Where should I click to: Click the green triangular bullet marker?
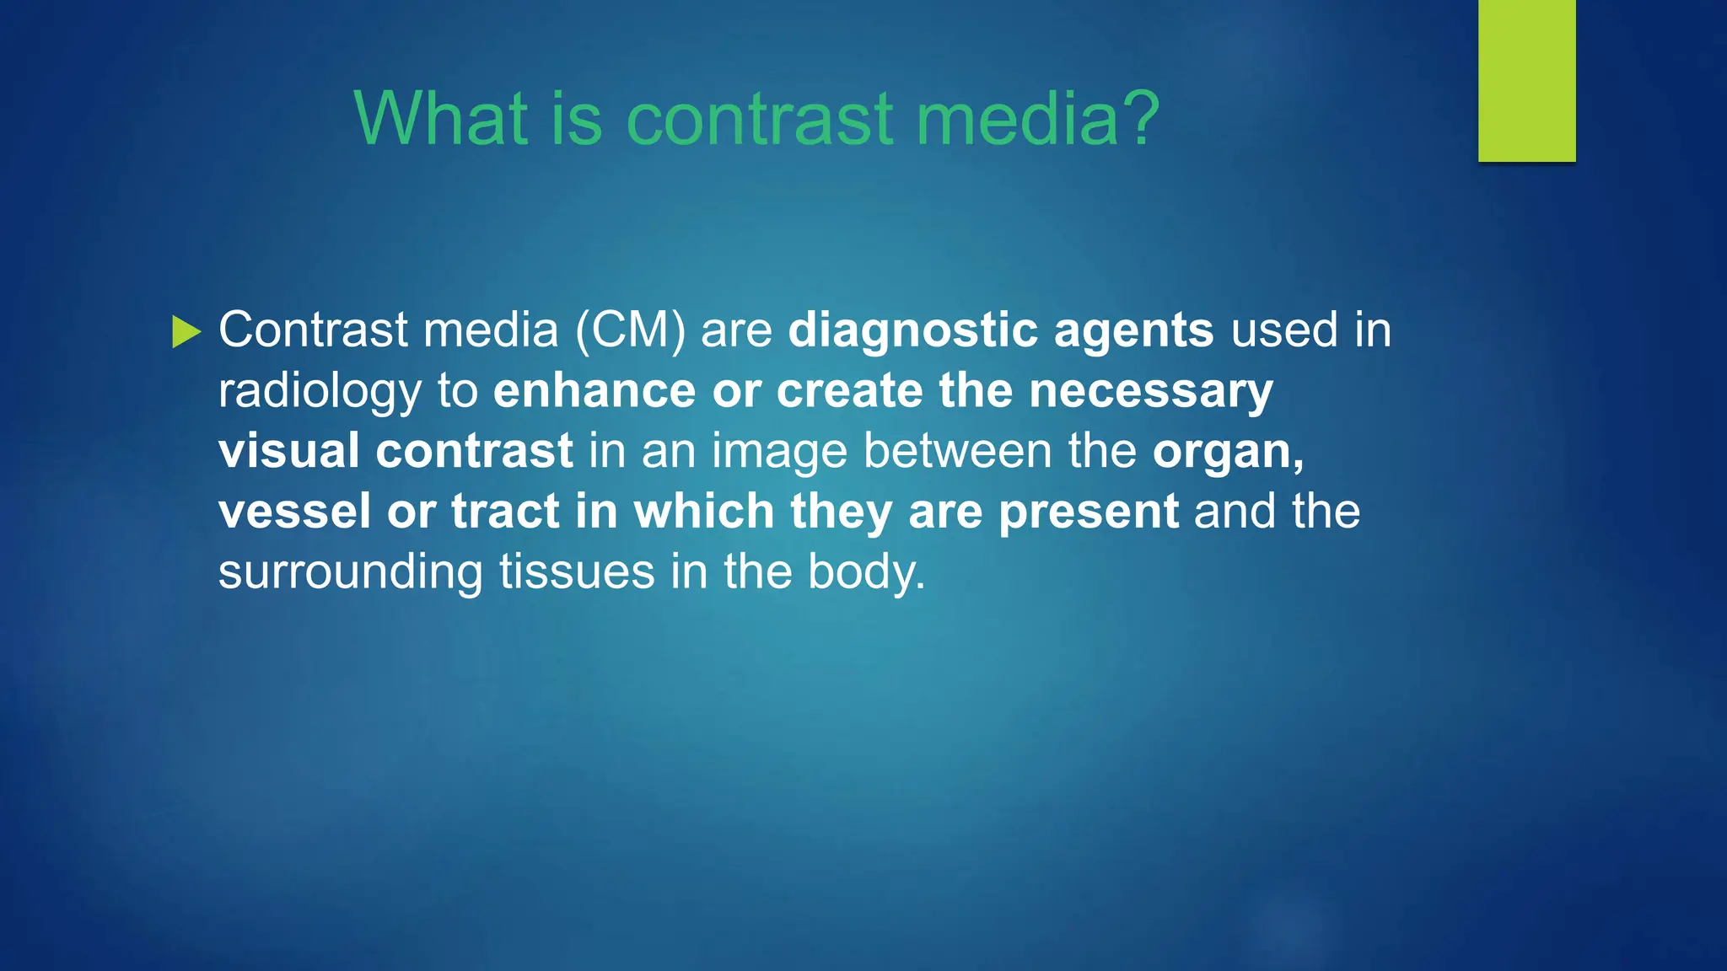(186, 331)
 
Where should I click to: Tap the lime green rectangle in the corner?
(1526, 80)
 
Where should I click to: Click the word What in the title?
(441, 119)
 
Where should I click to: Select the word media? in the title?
(1038, 119)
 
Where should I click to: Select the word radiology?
(320, 392)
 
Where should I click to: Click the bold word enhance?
(594, 391)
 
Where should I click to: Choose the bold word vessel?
(294, 512)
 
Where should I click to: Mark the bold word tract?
(505, 512)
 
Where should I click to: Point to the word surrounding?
(350, 573)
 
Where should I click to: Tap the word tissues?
(577, 572)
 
